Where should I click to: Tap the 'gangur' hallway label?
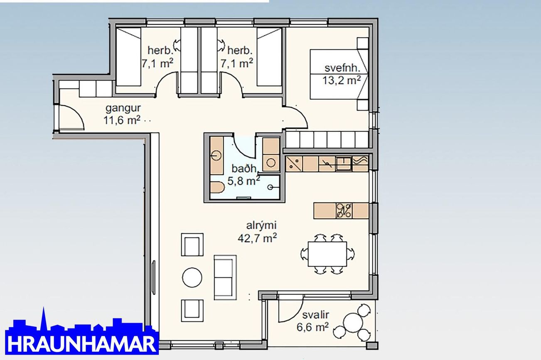123,108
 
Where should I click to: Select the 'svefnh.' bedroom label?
342,68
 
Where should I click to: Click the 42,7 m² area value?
257,238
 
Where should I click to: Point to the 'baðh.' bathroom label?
245,169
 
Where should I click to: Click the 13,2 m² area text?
342,80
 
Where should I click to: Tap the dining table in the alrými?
327,254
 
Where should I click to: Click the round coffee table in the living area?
192,277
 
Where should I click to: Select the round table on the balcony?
353,323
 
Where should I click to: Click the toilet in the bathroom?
216,187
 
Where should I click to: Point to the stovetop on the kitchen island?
344,211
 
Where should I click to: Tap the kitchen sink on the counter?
343,163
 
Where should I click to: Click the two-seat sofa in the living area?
225,277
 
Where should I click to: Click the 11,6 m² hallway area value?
122,120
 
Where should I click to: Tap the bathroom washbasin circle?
216,155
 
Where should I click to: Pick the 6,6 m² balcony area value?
312,327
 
